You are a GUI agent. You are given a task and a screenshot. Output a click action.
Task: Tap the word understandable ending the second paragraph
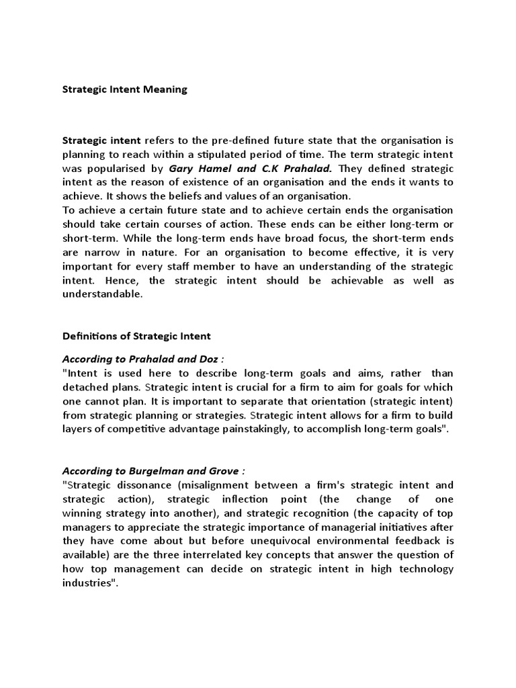(102, 294)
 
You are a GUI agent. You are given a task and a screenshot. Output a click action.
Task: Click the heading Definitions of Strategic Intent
(136, 336)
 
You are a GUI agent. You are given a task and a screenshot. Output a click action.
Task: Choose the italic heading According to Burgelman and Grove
(153, 470)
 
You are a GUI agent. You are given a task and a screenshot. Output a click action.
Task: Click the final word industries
(88, 583)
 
